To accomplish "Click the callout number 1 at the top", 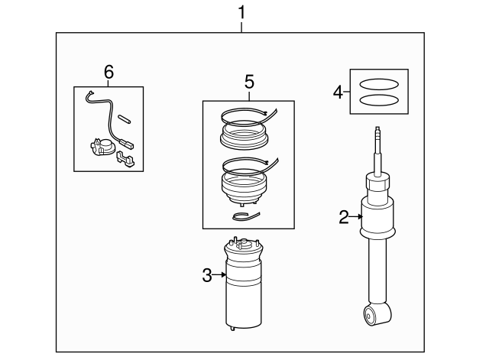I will click(242, 13).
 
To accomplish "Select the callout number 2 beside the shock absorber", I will click(344, 218).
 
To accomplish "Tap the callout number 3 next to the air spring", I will click(207, 276).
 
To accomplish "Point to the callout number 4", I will click(338, 92).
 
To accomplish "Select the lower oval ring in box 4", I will click(379, 100).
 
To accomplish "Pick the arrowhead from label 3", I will click(225, 276).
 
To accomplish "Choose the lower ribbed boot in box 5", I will click(242, 187).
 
